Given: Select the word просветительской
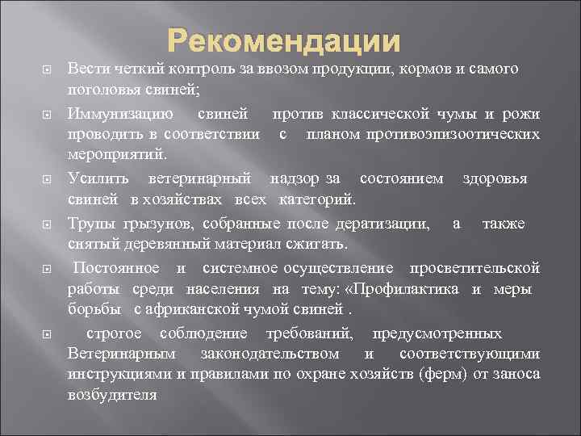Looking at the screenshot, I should coord(474,268).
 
